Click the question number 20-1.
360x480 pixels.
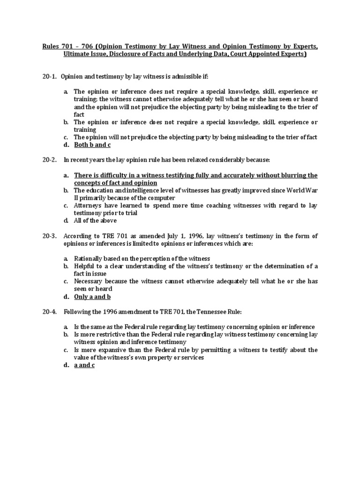pos(49,76)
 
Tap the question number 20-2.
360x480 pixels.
pos(49,160)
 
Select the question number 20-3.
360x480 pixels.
pos(49,236)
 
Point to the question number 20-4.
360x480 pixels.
pos(49,312)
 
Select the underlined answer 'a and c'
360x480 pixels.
pos(84,365)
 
